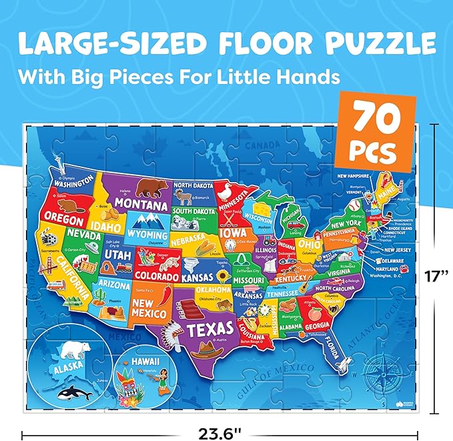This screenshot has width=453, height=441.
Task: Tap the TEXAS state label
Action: (209, 328)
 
